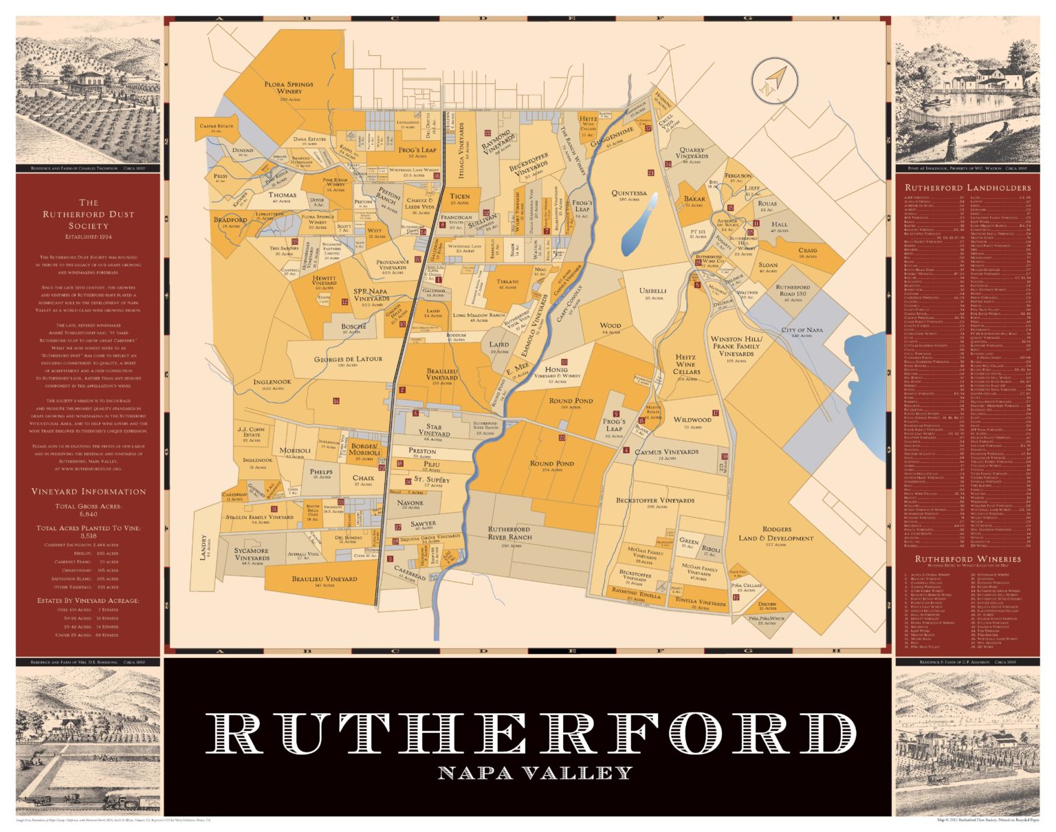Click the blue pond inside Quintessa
point(637,226)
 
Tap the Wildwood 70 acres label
point(692,422)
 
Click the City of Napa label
point(802,332)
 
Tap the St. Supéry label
point(432,481)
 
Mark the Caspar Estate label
point(217,127)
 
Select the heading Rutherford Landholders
point(967,188)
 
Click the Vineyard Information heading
point(88,492)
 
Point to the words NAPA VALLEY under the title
point(535,773)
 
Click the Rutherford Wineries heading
point(967,559)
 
